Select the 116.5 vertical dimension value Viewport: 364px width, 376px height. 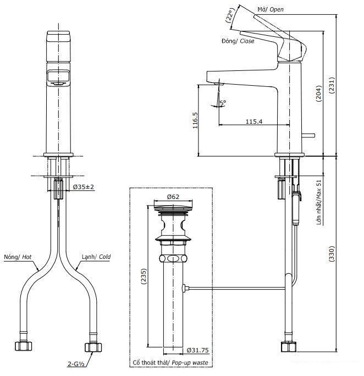tap(196, 120)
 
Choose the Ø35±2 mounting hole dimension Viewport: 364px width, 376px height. tap(84, 187)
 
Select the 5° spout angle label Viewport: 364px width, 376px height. tap(223, 102)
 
